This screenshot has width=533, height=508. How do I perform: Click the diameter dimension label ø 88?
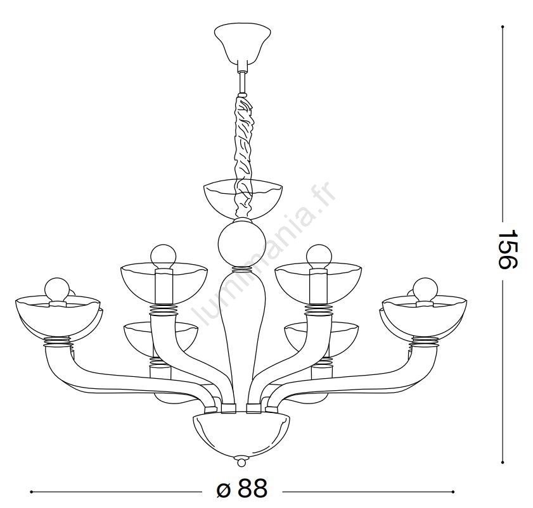tap(242, 489)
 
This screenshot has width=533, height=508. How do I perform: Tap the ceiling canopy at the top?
tap(242, 44)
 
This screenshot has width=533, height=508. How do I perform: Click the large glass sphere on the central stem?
tap(241, 243)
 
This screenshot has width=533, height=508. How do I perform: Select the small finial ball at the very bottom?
tap(241, 462)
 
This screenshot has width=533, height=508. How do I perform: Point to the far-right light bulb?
tap(425, 289)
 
